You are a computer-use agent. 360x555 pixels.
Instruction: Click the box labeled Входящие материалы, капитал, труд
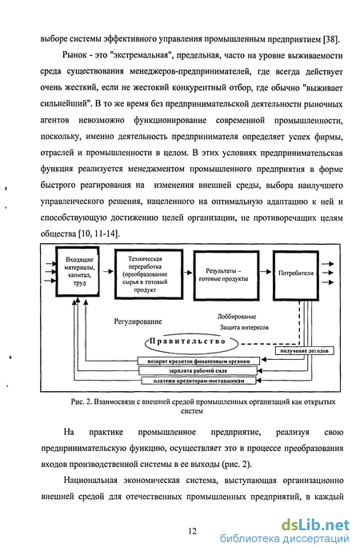pos(78,271)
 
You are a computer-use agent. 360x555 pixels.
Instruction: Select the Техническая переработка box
pos(149,274)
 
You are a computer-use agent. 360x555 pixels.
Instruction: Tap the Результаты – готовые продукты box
pos(226,275)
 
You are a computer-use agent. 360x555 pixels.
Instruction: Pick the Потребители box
pos(295,275)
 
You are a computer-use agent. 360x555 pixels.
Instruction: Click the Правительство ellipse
pos(191,342)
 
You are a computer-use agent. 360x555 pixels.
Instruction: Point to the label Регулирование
pos(138,321)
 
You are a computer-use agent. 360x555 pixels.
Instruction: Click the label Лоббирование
pos(237,317)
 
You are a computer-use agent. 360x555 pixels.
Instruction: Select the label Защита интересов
pos(244,327)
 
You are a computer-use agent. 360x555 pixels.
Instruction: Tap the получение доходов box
pos(305,351)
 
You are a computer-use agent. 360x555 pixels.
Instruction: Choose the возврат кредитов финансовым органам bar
pos(198,361)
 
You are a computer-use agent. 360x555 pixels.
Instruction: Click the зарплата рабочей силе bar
pos(198,370)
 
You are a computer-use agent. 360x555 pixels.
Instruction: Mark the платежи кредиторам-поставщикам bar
pos(198,381)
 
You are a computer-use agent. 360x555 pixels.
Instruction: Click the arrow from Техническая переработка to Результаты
pos(188,273)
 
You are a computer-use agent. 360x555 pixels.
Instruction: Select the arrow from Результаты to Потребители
pos(266,272)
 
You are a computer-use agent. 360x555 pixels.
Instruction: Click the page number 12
pos(192,531)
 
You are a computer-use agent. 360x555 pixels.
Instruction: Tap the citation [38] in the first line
pos(331,39)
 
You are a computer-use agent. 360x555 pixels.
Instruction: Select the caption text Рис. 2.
pos(82,401)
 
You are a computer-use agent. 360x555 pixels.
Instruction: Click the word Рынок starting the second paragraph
pos(74,55)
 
